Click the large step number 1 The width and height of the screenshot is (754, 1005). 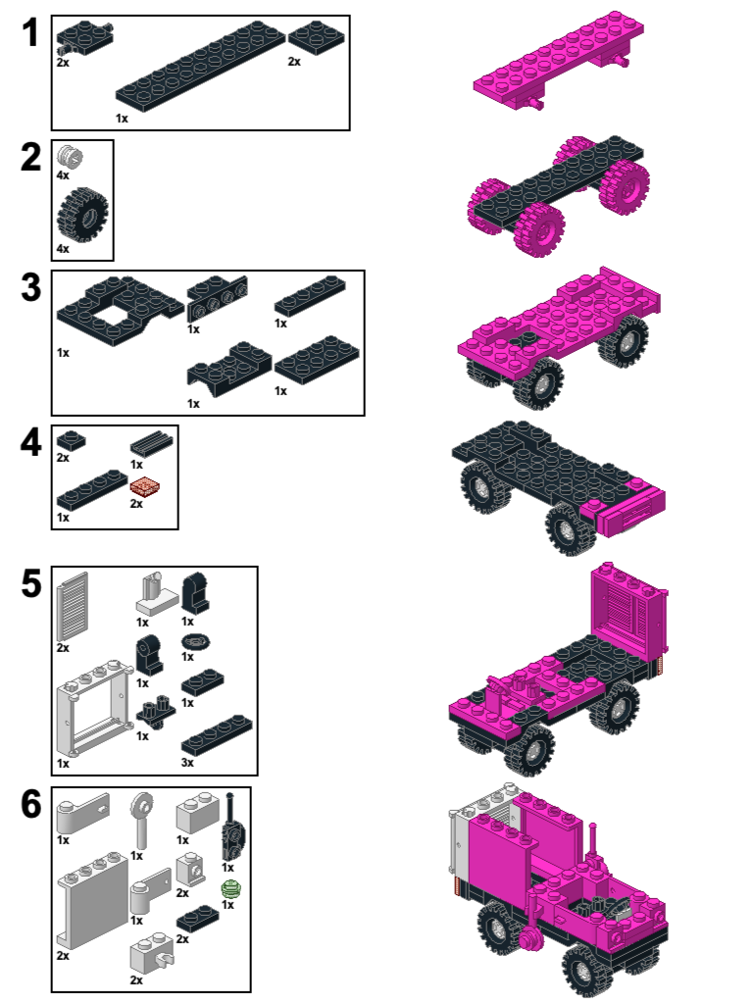tap(30, 32)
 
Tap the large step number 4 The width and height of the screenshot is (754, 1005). tap(30, 441)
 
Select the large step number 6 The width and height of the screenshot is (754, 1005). tap(30, 804)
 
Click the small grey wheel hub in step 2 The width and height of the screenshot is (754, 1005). tap(70, 156)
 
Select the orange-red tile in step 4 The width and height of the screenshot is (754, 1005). tap(145, 487)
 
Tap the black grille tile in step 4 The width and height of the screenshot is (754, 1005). tap(151, 443)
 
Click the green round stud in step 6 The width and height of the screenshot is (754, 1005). tap(230, 889)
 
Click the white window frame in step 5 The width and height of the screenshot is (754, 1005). tap(95, 708)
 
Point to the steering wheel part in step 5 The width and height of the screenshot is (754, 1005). tap(193, 641)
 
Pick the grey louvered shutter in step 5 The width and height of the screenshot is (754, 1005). tap(73, 606)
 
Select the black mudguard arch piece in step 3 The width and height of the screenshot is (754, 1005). tap(228, 369)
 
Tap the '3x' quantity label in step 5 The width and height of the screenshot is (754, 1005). tap(187, 762)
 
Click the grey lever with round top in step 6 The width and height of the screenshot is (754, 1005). tap(142, 821)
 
